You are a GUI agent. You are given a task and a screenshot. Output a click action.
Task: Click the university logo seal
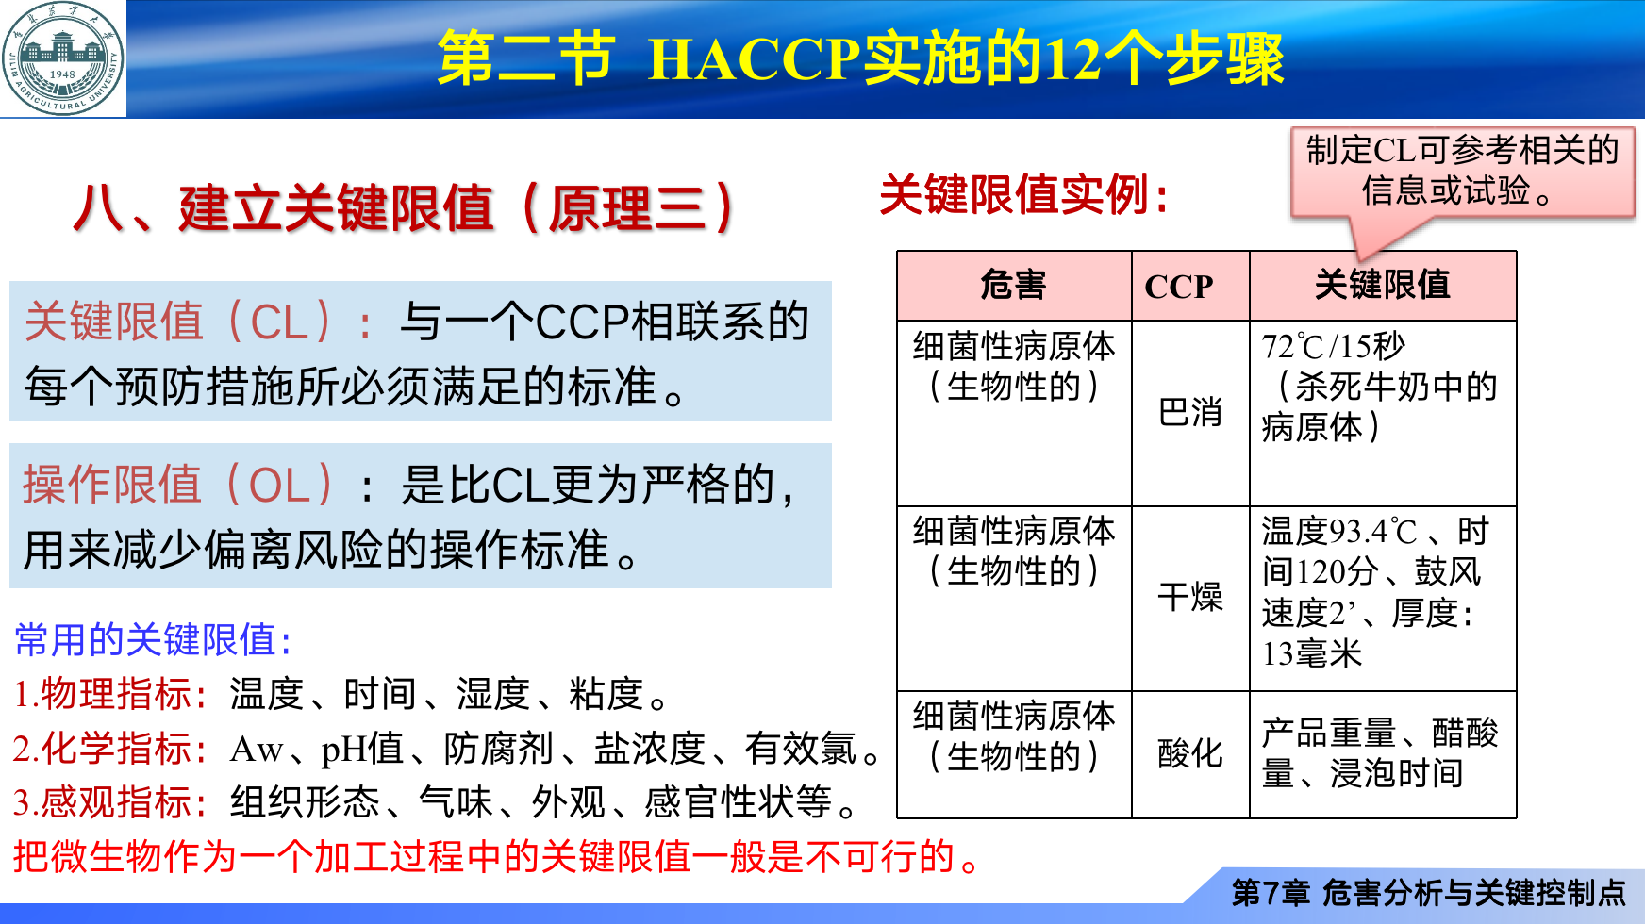point(62,58)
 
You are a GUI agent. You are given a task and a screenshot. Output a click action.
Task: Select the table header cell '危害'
point(1014,285)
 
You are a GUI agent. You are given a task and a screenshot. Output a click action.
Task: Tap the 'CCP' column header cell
point(1190,285)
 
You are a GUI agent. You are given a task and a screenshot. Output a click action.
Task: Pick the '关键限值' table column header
point(1383,285)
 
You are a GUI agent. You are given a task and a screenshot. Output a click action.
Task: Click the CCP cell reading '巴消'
point(1190,413)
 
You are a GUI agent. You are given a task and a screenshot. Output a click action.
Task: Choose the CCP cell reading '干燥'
point(1190,598)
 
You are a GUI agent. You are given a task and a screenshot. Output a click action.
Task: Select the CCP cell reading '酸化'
point(1190,754)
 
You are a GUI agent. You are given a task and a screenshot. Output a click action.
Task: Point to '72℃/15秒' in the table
point(1334,346)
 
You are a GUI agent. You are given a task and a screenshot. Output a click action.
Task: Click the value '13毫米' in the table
point(1312,653)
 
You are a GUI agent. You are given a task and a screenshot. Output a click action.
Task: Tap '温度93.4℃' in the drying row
point(1339,532)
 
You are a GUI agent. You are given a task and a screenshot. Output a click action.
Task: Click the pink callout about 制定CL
point(1462,173)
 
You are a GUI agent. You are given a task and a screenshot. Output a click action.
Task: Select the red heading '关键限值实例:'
point(1024,196)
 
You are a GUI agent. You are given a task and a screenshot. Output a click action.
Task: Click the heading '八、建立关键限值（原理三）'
point(404,208)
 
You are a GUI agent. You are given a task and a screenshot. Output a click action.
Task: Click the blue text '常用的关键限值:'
point(153,640)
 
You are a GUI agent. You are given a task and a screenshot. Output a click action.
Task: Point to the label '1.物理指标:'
point(110,695)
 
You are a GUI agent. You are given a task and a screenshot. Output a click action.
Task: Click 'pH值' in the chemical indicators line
point(362,750)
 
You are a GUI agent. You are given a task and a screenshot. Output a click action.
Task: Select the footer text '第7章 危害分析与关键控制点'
point(1429,892)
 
